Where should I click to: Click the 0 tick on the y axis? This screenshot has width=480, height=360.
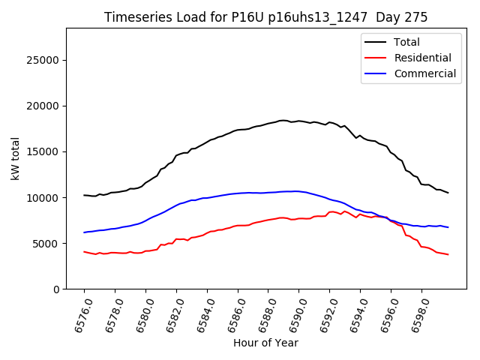pyautogui.click(x=55, y=289)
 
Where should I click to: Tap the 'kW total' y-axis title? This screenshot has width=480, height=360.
pyautogui.click(x=15, y=159)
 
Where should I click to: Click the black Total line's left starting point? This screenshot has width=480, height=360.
pyautogui.click(x=84, y=195)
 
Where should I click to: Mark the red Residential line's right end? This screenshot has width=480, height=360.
pyautogui.click(x=448, y=254)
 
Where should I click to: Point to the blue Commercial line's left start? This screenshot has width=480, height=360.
pyautogui.click(x=84, y=232)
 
